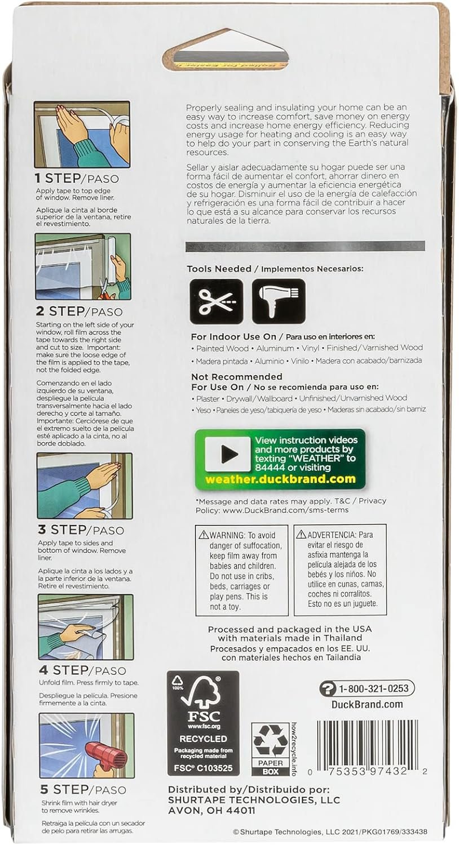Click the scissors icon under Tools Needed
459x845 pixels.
click(x=216, y=301)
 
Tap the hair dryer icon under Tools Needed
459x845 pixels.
click(x=278, y=301)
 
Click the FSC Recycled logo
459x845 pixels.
click(x=203, y=723)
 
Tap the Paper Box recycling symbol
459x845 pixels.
click(x=270, y=749)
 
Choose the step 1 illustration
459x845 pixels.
click(x=82, y=135)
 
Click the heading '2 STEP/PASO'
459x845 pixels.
click(x=79, y=312)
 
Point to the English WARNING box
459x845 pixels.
click(x=241, y=570)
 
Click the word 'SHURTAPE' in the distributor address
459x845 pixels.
click(x=197, y=800)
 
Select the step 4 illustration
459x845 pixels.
click(x=86, y=627)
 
